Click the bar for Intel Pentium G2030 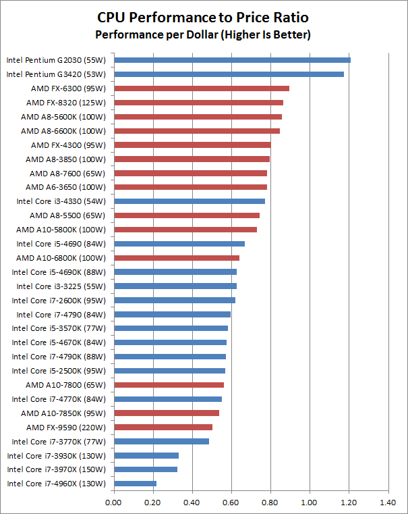[232, 60]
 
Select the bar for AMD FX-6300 [202, 88]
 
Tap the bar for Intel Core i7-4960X [135, 484]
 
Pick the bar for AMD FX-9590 [163, 427]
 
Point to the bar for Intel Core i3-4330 [190, 201]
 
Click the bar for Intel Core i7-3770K [161, 441]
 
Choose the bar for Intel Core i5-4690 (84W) [179, 244]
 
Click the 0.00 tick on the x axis [114, 503]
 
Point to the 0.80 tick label [270, 503]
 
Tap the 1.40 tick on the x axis [388, 503]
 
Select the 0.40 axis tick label [192, 503]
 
